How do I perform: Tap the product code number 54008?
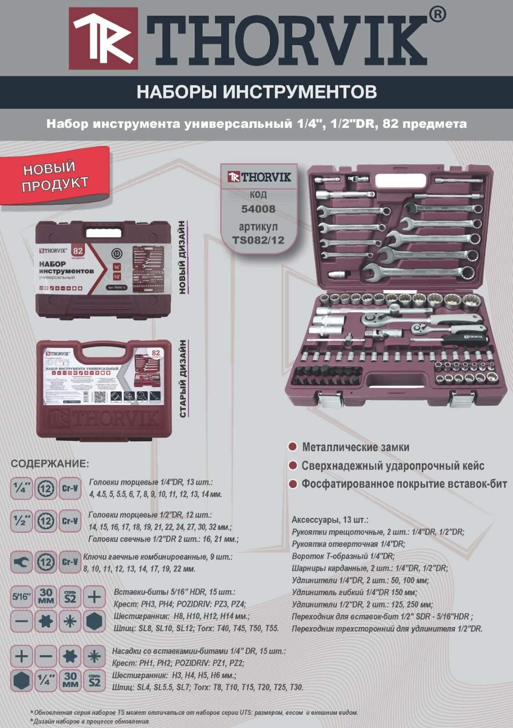pyautogui.click(x=258, y=209)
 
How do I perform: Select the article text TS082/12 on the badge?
pyautogui.click(x=258, y=240)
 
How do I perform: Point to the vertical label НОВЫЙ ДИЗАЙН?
pyautogui.click(x=182, y=258)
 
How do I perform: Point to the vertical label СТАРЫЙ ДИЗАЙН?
pyautogui.click(x=183, y=379)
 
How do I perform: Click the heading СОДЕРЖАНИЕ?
pyautogui.click(x=50, y=464)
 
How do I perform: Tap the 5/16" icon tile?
pyautogui.click(x=21, y=597)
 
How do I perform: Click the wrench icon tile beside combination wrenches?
pyautogui.click(x=21, y=562)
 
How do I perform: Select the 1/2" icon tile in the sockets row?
pyautogui.click(x=21, y=521)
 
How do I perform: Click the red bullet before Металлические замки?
pyautogui.click(x=293, y=447)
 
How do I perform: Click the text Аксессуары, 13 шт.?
pyautogui.click(x=330, y=520)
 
